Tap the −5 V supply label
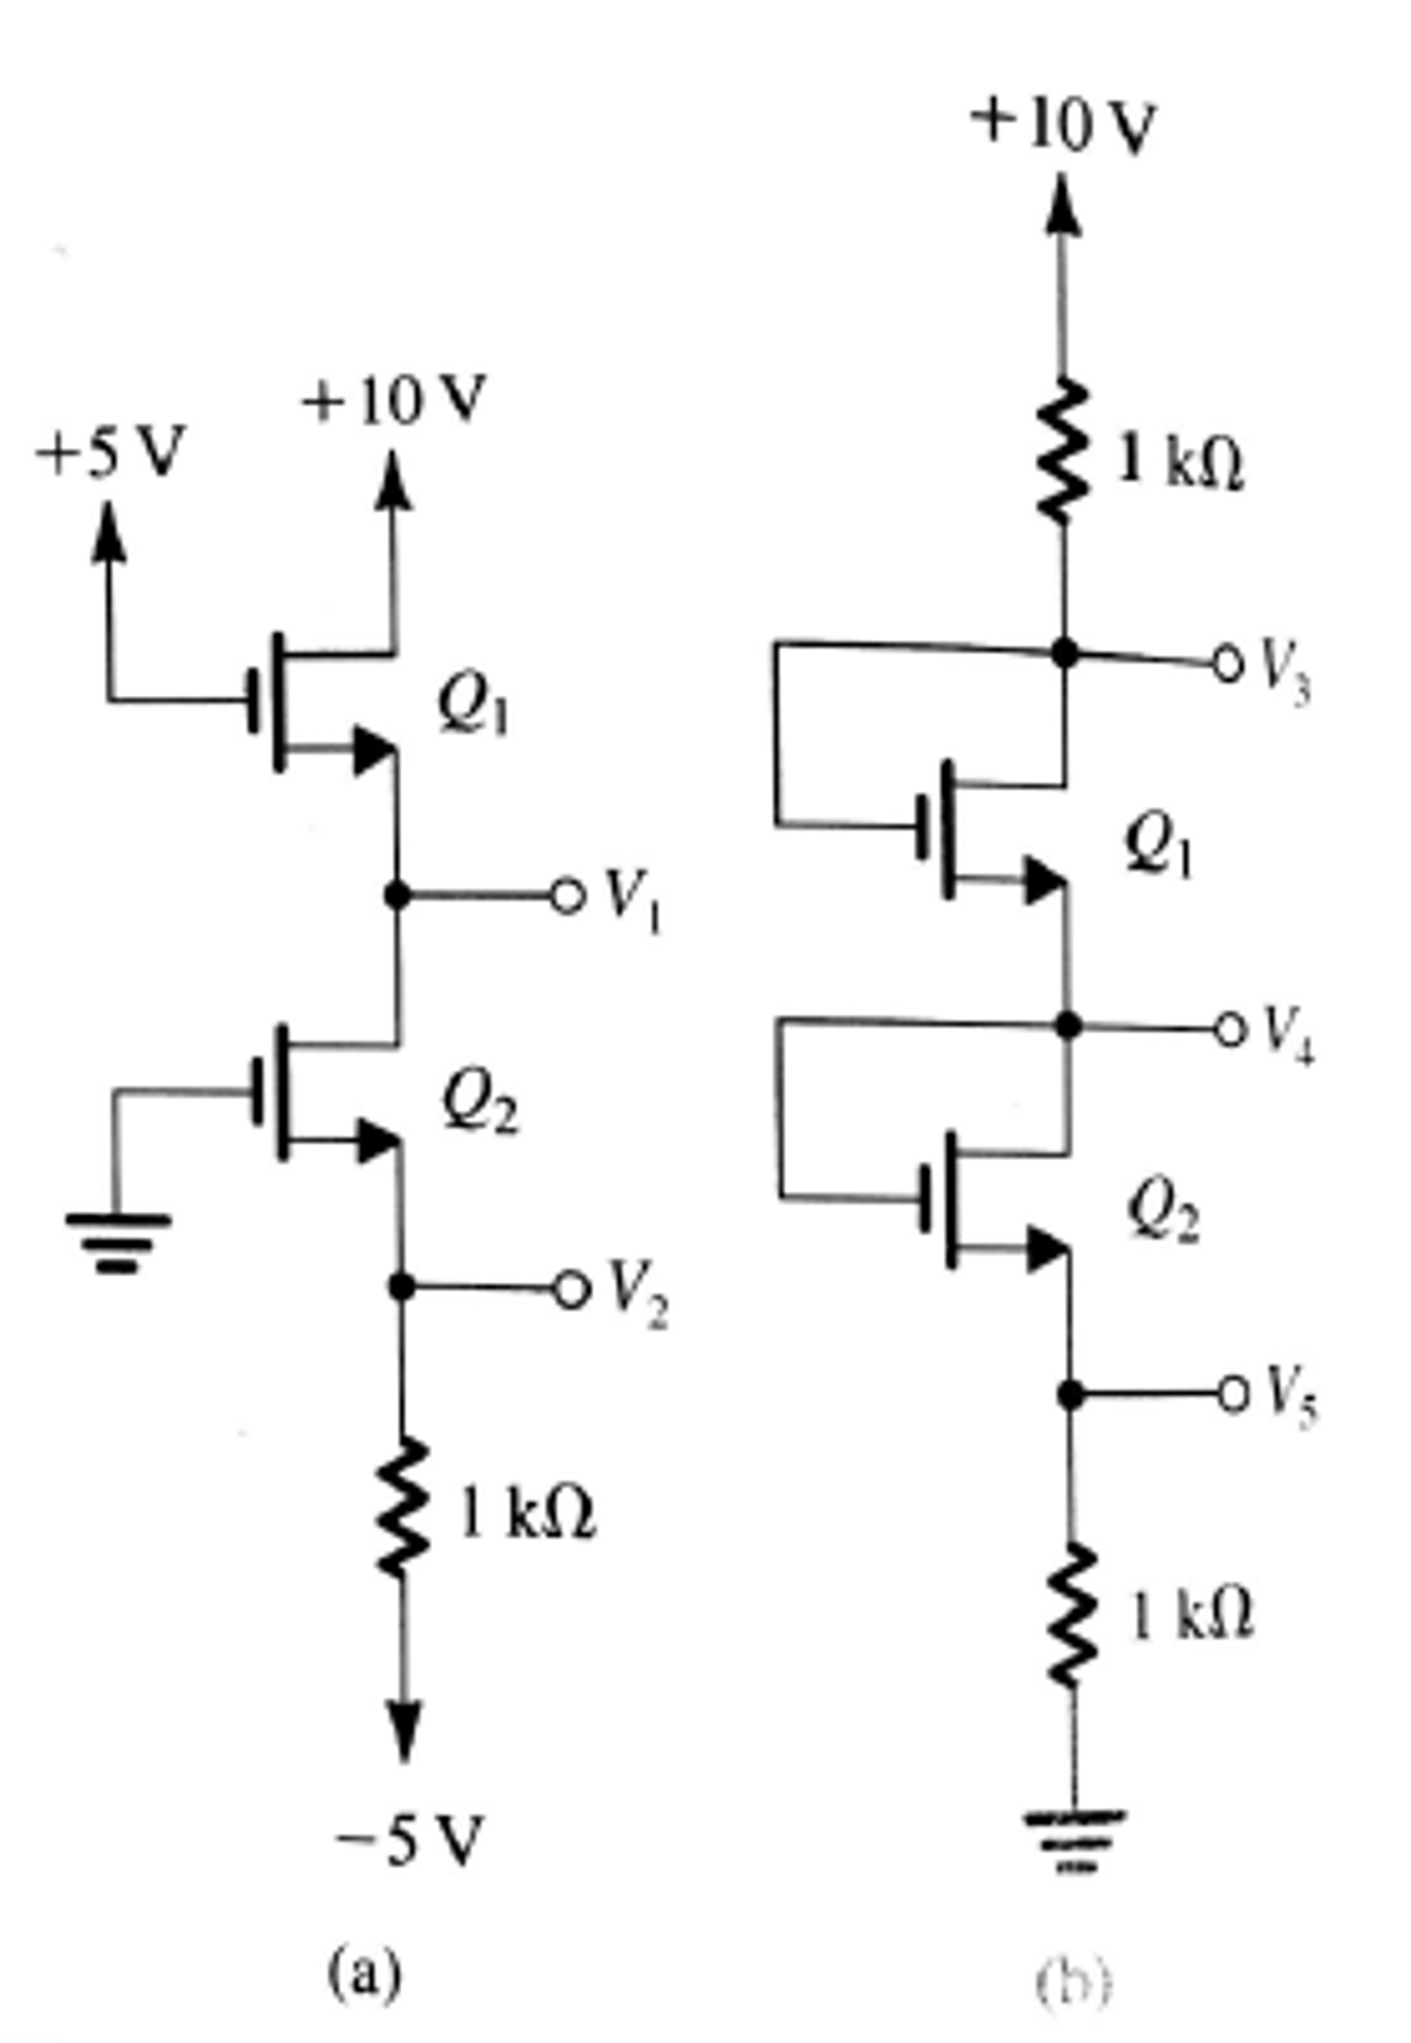(x=409, y=1840)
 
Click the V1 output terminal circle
(x=565, y=896)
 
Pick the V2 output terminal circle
(x=569, y=1290)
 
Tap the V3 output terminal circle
(x=1227, y=662)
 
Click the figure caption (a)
(x=365, y=1973)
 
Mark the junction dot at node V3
(x=1065, y=653)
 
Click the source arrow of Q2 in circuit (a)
(x=378, y=1139)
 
